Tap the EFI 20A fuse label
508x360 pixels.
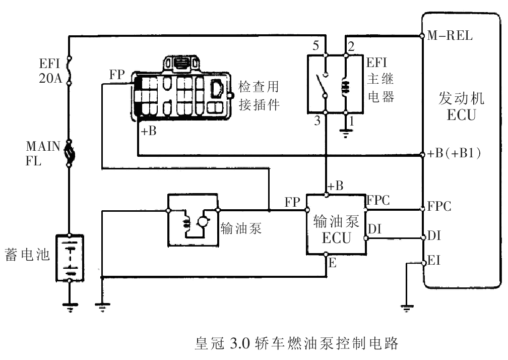[50, 70]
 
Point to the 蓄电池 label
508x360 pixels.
[26, 255]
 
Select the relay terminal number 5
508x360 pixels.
[315, 46]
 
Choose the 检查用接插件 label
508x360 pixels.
[259, 96]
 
